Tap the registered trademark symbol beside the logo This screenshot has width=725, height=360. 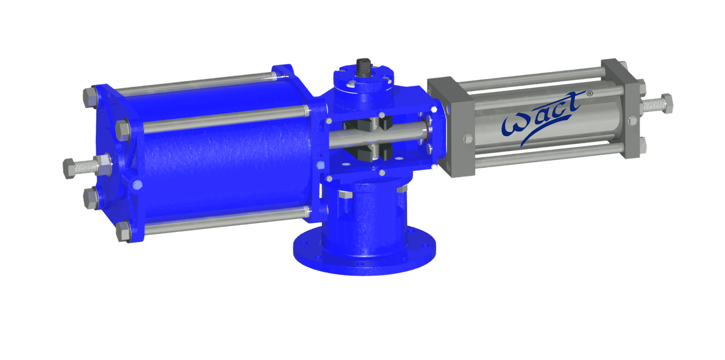tap(590, 93)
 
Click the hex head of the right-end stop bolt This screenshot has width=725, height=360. tap(666, 103)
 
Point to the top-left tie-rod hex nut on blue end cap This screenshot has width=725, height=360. tap(89, 98)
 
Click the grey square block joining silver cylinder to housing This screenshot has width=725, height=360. tap(451, 127)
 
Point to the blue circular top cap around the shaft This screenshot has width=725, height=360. tap(363, 82)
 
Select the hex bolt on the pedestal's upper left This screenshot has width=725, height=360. tap(345, 195)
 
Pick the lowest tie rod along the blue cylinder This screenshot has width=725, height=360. tap(223, 221)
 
